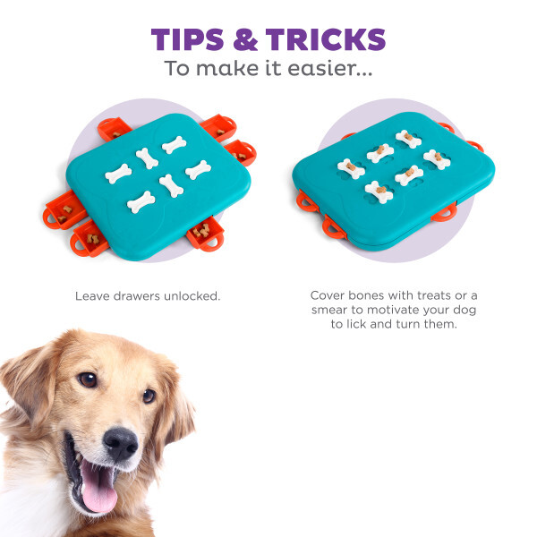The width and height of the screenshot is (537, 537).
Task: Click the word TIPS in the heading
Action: coord(187,39)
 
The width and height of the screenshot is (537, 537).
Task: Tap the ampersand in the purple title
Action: coord(245,39)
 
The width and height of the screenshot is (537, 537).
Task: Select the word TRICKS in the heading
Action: coord(326,39)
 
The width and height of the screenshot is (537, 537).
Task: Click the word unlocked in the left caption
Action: coord(192,296)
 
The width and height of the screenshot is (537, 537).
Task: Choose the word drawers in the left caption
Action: coord(137,296)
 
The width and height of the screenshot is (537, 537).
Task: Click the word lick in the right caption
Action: coord(358,324)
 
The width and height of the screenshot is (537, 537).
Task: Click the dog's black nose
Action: coord(121,444)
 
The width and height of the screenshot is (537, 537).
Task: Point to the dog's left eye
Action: coord(149,396)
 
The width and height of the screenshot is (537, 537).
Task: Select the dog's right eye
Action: coord(88,379)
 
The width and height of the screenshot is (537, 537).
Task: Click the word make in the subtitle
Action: coord(227,68)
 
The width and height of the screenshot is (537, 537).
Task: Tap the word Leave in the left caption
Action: coord(92,296)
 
